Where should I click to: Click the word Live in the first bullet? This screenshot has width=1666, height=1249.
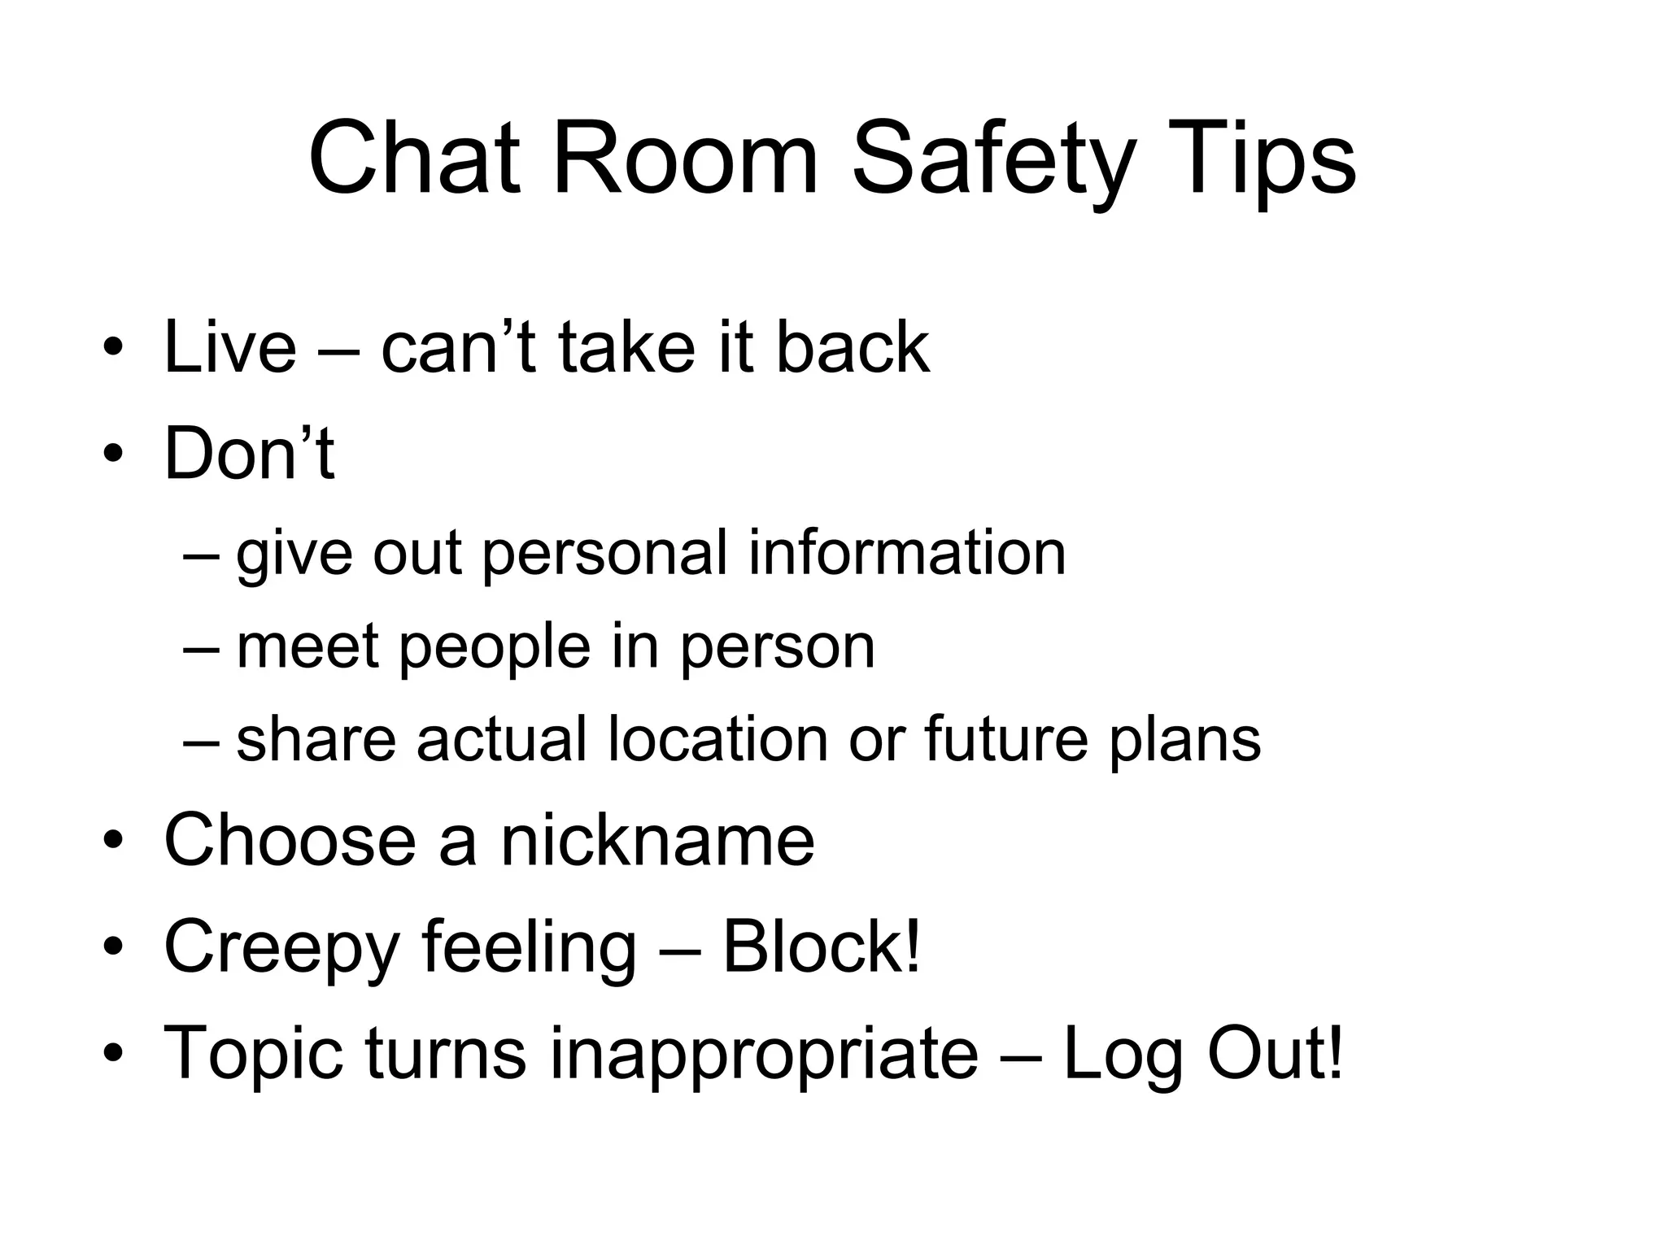[x=230, y=347]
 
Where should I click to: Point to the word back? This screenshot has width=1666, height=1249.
[x=853, y=347]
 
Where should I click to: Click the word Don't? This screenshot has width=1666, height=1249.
[x=249, y=453]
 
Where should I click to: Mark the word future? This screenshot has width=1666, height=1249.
[x=1005, y=739]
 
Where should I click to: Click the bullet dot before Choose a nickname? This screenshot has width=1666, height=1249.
[x=113, y=841]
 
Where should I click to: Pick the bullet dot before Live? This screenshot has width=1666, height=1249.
[x=113, y=349]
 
